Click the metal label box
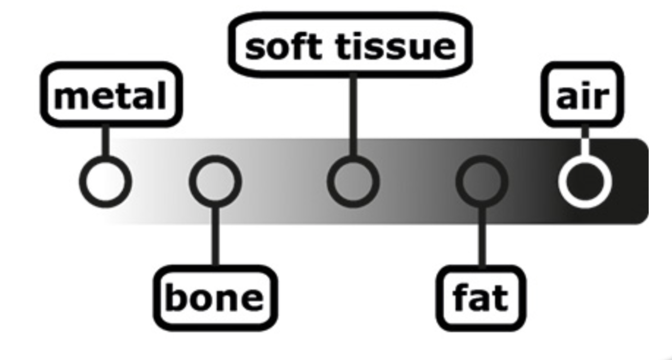tap(111, 94)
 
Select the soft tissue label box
tap(350, 45)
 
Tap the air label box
tap(583, 94)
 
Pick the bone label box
tap(215, 298)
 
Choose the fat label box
tap(481, 298)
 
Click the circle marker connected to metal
tap(105, 181)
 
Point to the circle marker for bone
tap(215, 181)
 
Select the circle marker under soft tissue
tap(353, 181)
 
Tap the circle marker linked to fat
tap(482, 181)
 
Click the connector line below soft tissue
tap(353, 115)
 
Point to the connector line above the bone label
tap(215, 236)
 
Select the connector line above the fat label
tap(482, 236)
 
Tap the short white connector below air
tap(585, 143)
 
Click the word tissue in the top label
tap(396, 46)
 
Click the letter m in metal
tap(69, 97)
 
